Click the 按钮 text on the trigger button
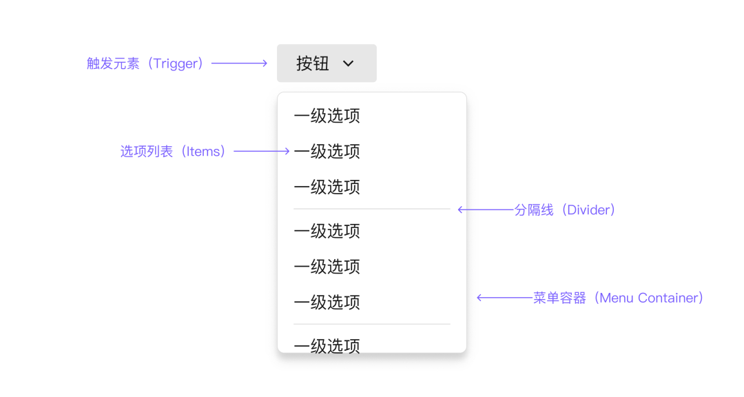click(x=313, y=63)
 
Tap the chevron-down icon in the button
click(x=349, y=63)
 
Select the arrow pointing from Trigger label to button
click(x=239, y=63)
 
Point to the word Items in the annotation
click(x=203, y=152)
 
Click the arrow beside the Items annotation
click(x=262, y=151)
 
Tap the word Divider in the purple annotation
click(x=588, y=210)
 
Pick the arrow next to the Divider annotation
click(x=486, y=210)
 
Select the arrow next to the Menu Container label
click(x=505, y=298)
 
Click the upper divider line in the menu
click(x=372, y=209)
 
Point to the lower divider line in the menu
click(x=372, y=325)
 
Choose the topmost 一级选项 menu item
click(x=327, y=116)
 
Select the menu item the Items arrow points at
click(x=327, y=152)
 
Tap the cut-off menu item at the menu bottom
click(x=327, y=346)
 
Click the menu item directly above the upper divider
click(x=327, y=187)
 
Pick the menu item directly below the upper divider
click(x=327, y=232)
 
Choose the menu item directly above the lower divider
click(x=327, y=303)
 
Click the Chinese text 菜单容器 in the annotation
click(x=560, y=298)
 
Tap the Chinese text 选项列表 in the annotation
click(x=147, y=152)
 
